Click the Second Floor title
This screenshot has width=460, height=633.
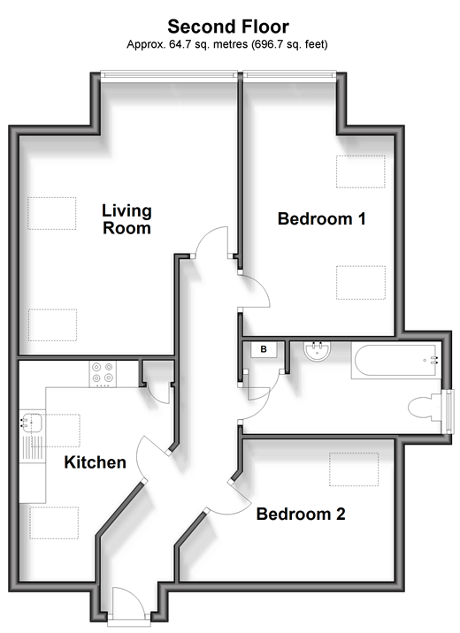228,27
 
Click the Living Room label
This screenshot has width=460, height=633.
126,219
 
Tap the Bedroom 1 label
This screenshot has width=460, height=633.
321,218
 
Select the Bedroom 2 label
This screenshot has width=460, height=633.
301,514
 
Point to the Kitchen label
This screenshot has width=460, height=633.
95,462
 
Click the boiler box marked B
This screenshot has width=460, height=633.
264,349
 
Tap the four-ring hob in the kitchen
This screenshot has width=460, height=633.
103,374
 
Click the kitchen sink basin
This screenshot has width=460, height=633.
33,423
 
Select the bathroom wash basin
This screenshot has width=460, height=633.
318,352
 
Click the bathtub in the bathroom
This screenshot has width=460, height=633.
394,361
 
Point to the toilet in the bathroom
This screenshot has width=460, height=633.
425,407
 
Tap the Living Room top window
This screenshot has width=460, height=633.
168,74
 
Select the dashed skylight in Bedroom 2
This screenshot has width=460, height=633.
354,469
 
